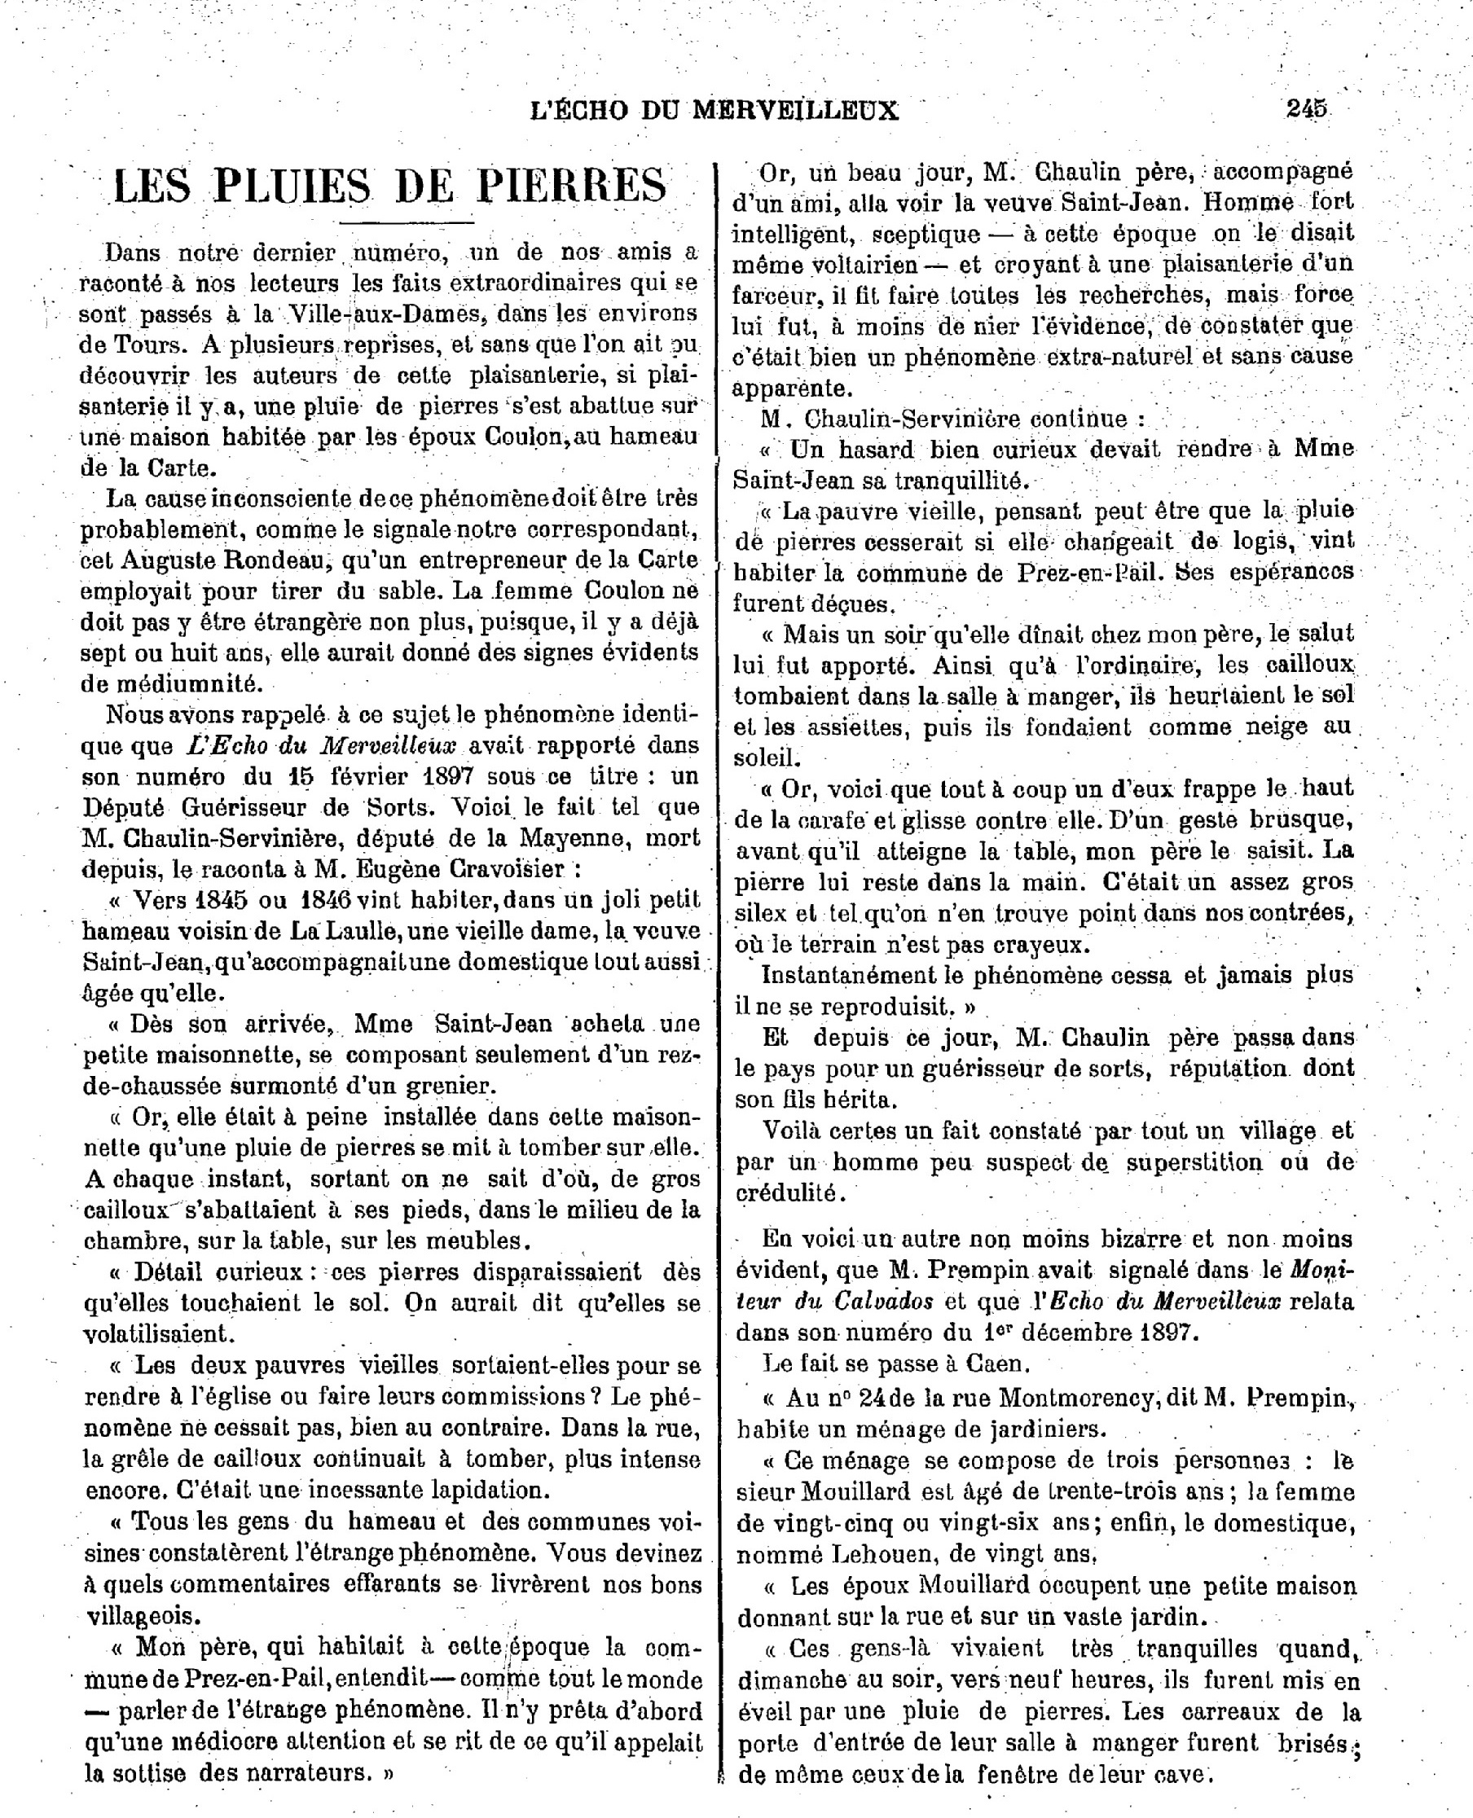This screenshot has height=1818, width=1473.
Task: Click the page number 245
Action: pos(1306,109)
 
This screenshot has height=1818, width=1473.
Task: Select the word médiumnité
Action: pos(181,683)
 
